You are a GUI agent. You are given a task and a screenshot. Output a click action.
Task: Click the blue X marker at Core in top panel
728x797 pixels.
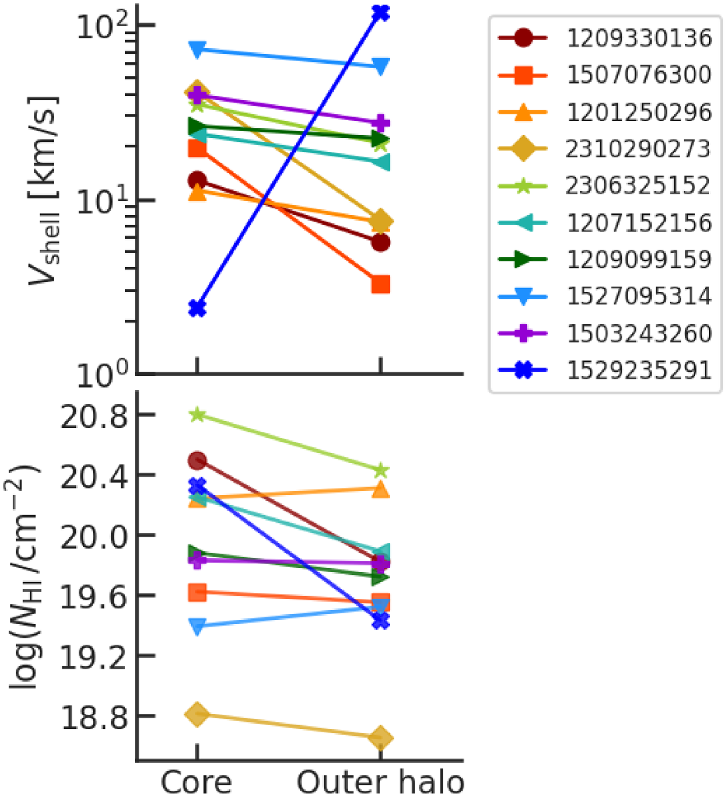198,308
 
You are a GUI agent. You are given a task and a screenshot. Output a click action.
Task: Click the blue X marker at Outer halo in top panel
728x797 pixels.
381,12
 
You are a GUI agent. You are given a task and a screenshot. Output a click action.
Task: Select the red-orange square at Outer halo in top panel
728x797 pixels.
381,285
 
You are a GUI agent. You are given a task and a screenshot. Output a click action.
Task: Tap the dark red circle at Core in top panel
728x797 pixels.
198,180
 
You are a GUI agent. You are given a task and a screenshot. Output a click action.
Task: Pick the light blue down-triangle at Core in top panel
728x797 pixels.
198,49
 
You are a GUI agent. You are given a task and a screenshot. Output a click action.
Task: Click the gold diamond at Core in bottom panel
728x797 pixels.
197,714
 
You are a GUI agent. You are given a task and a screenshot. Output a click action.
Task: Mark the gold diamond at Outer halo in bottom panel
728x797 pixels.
381,738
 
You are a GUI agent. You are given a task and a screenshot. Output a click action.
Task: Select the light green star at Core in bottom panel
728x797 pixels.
198,415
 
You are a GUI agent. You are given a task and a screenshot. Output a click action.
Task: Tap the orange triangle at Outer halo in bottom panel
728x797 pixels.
381,490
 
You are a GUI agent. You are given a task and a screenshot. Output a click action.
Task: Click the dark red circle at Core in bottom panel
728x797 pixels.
198,460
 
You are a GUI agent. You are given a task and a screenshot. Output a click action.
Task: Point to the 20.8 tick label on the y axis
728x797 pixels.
94,416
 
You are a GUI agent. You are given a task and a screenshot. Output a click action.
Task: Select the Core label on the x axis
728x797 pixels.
196,782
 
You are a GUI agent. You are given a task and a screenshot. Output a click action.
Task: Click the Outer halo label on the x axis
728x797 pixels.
380,782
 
